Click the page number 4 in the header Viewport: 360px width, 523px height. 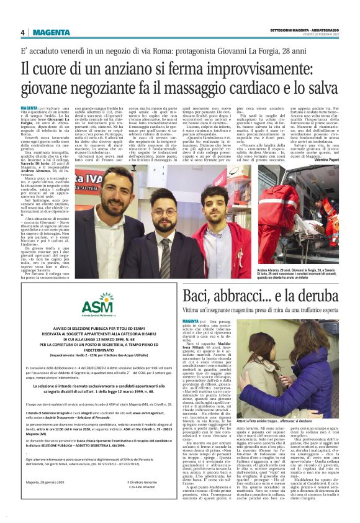point(22,32)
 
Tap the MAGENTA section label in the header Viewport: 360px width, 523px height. point(48,32)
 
